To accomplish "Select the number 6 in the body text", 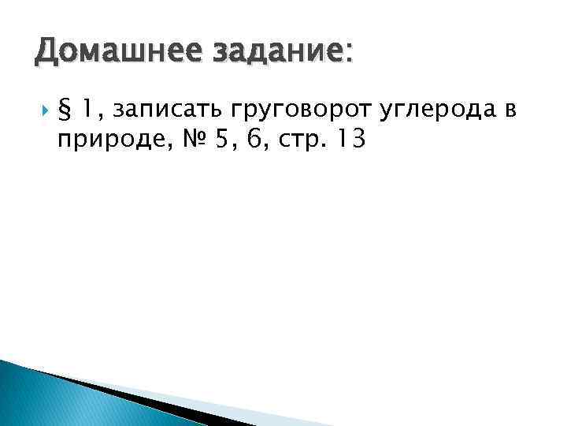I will (256, 139).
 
